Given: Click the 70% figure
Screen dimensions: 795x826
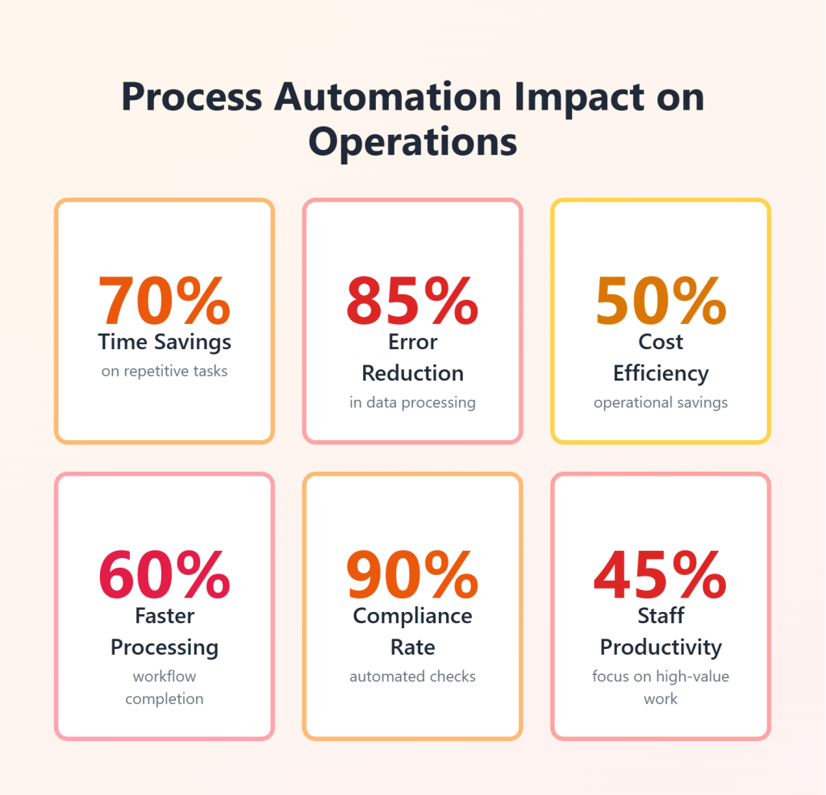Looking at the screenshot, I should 165,301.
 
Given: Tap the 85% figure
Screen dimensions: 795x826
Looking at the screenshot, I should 412,301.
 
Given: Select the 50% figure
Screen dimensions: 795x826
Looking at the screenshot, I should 661,301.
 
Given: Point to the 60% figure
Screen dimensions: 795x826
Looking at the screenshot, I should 165,575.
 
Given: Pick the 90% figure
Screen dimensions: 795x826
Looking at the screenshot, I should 412,575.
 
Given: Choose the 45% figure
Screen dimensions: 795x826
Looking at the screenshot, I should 661,575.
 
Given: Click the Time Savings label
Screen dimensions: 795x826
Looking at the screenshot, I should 165,342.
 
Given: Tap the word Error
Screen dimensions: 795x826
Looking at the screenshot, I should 412,342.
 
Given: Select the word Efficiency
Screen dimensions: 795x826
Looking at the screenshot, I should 661,373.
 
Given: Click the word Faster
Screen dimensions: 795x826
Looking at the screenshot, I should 165,616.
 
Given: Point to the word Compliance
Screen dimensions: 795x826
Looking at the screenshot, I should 412,616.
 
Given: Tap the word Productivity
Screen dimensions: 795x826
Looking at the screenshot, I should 661,647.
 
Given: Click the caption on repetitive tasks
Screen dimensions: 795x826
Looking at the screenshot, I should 165,372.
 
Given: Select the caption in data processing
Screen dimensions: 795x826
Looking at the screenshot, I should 412,402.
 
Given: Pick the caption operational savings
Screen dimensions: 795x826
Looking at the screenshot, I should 661,402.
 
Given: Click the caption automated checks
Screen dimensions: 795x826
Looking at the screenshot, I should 412,676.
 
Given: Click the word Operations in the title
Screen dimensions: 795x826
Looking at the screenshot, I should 412,142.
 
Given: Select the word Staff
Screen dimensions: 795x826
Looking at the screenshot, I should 661,616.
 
